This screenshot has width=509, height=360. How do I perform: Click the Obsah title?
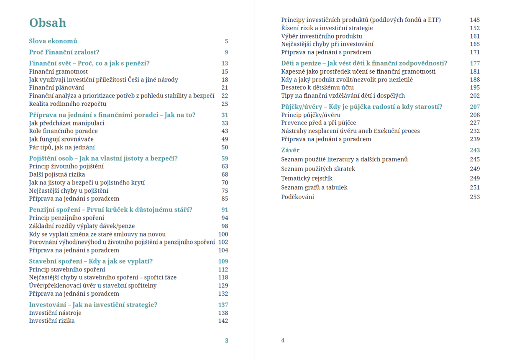click(x=48, y=23)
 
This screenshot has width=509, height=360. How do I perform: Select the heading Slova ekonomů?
click(x=53, y=41)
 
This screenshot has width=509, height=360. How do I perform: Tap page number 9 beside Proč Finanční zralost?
click(x=226, y=52)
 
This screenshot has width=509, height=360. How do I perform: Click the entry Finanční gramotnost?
click(x=52, y=71)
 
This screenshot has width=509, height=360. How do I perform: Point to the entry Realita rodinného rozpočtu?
click(x=67, y=104)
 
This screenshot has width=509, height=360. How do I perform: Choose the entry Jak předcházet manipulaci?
click(x=67, y=123)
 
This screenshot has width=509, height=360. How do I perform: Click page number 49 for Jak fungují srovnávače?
click(x=225, y=139)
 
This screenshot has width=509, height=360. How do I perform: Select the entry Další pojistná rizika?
click(x=57, y=174)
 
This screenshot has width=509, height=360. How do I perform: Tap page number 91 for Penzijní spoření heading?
click(x=225, y=209)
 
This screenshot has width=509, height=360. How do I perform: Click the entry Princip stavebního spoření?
click(x=67, y=270)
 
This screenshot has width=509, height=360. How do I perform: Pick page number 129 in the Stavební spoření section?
click(x=223, y=286)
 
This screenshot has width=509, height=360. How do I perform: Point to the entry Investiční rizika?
click(x=52, y=321)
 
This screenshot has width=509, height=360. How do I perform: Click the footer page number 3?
click(x=227, y=340)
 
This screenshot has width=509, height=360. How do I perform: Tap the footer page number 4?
click(x=283, y=340)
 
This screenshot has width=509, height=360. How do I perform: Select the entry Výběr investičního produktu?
click(x=322, y=36)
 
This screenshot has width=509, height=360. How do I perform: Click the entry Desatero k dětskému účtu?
click(x=317, y=87)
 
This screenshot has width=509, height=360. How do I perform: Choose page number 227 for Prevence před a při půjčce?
click(x=475, y=123)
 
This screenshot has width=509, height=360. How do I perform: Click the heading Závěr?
click(x=290, y=150)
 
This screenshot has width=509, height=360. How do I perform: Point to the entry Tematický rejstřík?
click(x=307, y=178)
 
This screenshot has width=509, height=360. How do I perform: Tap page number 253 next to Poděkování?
click(x=475, y=197)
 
